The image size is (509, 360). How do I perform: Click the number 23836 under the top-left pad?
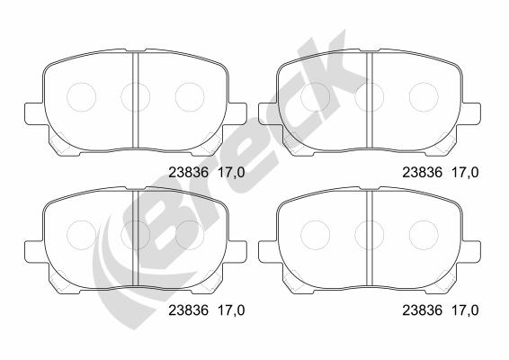(x=188, y=173)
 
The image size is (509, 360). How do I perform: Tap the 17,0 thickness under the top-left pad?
(x=231, y=173)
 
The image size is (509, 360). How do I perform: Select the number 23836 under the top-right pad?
(x=423, y=173)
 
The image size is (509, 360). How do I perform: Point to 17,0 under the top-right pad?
(x=465, y=173)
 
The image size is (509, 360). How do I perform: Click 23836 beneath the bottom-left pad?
(x=188, y=310)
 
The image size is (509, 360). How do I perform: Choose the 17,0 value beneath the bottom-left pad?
(x=231, y=310)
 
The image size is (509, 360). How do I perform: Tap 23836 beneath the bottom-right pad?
(x=423, y=310)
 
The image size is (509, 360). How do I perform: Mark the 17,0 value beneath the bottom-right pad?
(x=465, y=310)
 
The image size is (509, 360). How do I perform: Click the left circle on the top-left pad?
(x=81, y=83)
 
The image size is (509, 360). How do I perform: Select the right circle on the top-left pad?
(x=190, y=83)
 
